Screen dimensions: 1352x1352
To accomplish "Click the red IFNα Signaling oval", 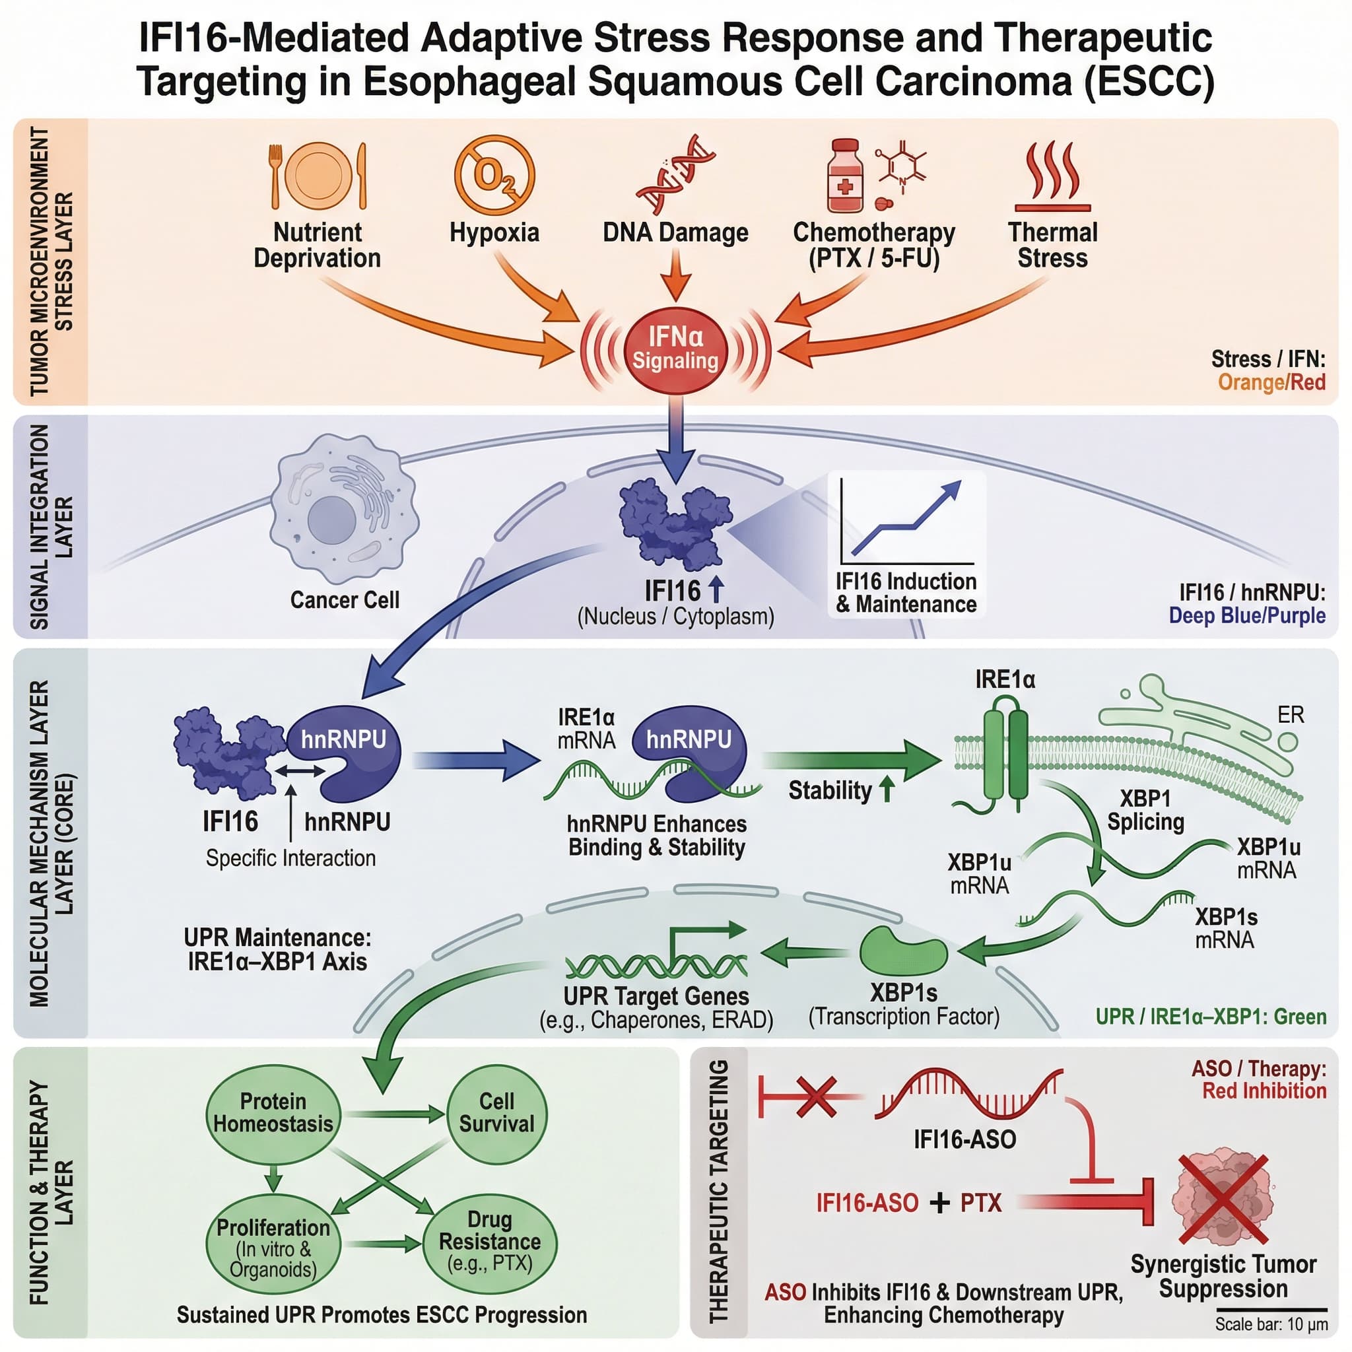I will [675, 349].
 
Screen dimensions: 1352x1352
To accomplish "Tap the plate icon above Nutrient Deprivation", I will [318, 176].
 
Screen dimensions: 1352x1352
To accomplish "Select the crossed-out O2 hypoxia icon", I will [494, 175].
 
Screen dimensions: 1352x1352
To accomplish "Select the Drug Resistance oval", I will [490, 1242].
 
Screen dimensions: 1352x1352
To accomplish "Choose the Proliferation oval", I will [273, 1246].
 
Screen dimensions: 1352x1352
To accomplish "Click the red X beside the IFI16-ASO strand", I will [816, 1097].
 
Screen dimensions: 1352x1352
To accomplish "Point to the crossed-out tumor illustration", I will [1223, 1200].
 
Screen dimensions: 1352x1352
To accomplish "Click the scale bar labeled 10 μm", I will [1271, 1309].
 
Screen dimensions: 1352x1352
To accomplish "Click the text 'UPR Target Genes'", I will [656, 996].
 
